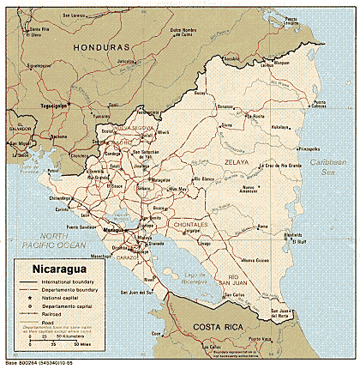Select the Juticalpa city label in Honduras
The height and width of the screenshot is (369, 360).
click(128, 61)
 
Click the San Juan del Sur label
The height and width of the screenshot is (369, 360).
click(137, 292)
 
